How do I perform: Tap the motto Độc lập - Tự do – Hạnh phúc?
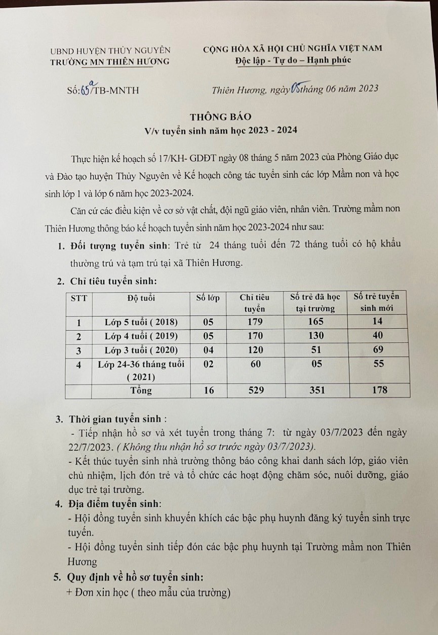(x=293, y=61)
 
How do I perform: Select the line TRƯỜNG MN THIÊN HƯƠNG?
(x=110, y=62)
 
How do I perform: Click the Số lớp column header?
(x=208, y=298)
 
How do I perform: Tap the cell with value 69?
(x=377, y=349)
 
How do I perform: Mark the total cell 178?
(x=377, y=390)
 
